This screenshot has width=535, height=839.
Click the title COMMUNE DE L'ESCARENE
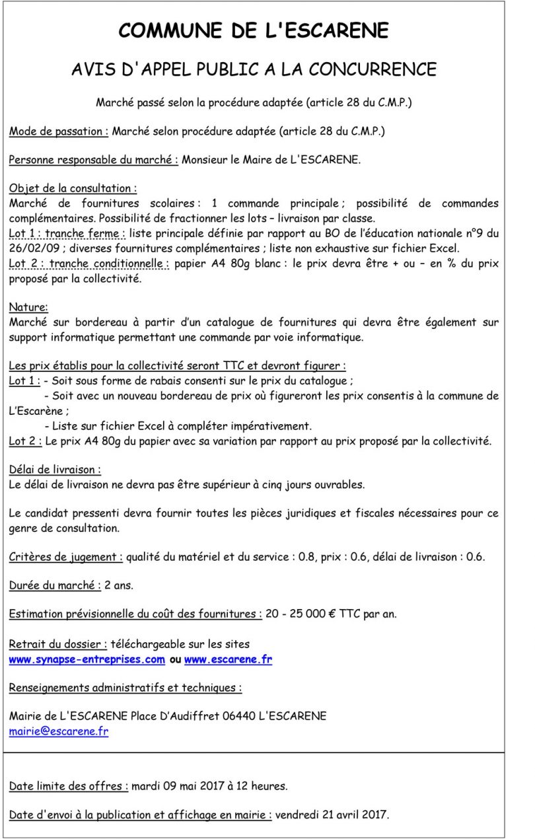(x=254, y=30)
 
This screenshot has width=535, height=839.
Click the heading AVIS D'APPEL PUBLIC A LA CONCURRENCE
(x=254, y=69)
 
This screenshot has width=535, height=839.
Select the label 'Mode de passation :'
(x=59, y=131)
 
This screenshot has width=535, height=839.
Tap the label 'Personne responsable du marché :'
(x=93, y=160)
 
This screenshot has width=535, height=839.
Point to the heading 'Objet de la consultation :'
(x=73, y=189)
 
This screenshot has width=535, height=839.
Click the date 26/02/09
(x=32, y=248)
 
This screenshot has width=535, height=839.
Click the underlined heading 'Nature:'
(x=28, y=307)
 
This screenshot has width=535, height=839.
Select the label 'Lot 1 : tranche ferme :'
(x=67, y=233)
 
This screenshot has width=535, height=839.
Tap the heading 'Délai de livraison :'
(x=55, y=470)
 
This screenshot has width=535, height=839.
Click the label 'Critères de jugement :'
(x=65, y=557)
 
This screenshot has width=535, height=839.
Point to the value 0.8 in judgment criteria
(x=306, y=557)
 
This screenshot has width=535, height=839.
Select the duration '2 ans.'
(x=119, y=585)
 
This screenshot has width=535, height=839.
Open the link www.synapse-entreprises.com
(x=87, y=659)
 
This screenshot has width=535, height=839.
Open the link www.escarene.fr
(x=228, y=659)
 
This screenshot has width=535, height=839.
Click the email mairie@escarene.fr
(x=58, y=731)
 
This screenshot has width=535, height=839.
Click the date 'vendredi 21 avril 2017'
(x=332, y=815)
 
